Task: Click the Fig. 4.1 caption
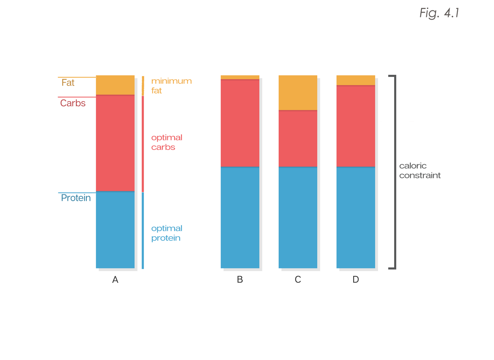click(439, 13)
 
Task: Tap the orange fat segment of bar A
click(115, 85)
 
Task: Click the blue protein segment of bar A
click(115, 230)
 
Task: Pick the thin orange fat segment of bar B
click(240, 77)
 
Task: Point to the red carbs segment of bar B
click(240, 123)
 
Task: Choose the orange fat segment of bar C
click(298, 93)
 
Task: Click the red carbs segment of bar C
click(298, 138)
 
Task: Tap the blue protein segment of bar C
click(298, 217)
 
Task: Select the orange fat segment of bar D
click(356, 80)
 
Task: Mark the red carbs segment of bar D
click(356, 126)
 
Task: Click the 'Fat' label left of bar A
click(68, 83)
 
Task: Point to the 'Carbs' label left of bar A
click(73, 103)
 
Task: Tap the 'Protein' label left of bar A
click(76, 198)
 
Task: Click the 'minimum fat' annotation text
click(171, 86)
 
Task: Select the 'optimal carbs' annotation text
click(166, 142)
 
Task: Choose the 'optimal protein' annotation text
click(166, 233)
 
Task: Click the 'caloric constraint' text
click(420, 170)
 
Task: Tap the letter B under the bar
click(240, 279)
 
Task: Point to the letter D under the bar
click(356, 279)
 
